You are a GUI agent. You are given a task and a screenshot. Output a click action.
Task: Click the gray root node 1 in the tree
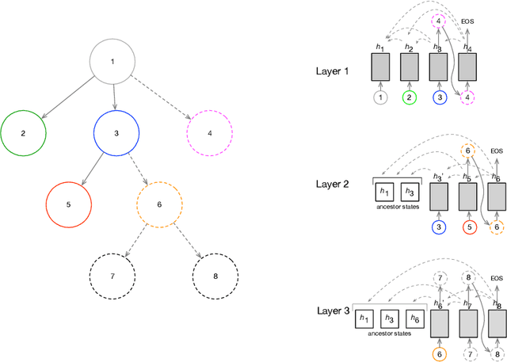[x=112, y=62]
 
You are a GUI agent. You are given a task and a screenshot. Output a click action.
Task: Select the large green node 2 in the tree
[x=23, y=133]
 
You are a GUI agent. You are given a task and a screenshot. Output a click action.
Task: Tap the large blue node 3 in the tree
[x=116, y=133]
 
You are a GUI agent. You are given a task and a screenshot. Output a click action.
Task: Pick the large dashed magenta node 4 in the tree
[x=210, y=133]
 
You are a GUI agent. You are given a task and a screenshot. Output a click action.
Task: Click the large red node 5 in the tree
[x=68, y=204]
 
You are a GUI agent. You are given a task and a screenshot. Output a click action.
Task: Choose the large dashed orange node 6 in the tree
[x=159, y=204]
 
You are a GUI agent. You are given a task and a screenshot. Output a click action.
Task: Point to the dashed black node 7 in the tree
[x=112, y=276]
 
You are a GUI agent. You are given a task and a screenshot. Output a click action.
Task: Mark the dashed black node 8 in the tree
[x=216, y=276]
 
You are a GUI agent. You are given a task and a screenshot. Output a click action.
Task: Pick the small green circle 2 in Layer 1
[x=410, y=97]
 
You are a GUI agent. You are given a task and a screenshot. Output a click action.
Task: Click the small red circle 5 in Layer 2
[x=468, y=227]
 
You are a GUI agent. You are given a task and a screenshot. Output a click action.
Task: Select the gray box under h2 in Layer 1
[x=410, y=68]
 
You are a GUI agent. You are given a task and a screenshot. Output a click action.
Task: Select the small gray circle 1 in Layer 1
[x=381, y=97]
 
